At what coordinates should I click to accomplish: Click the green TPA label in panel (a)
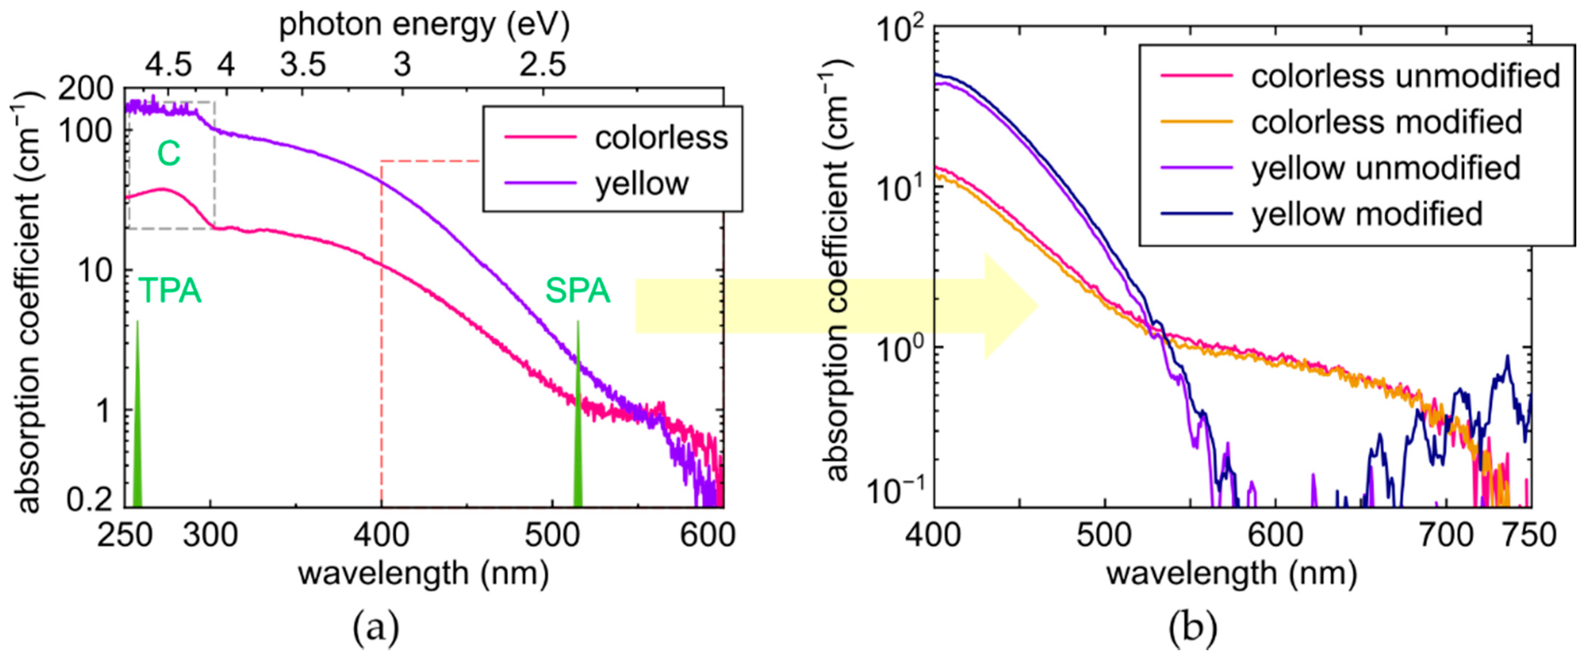tap(170, 290)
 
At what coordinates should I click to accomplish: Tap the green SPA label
tap(577, 290)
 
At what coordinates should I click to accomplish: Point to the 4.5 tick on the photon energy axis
tap(168, 64)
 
